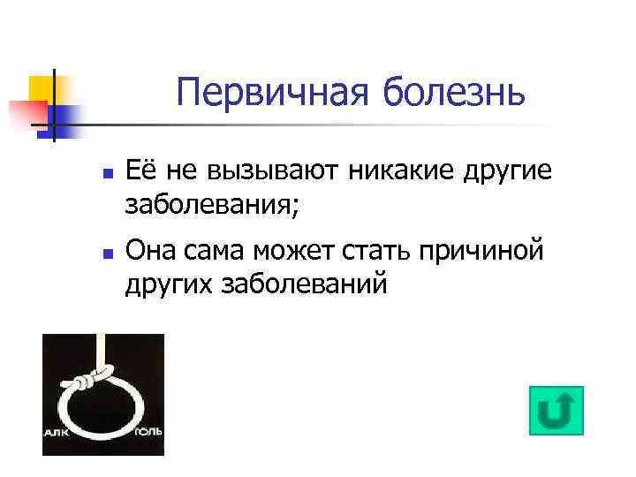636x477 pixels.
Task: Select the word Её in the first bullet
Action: coord(141,169)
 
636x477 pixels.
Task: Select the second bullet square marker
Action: coord(106,253)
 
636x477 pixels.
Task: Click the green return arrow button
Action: coord(556,411)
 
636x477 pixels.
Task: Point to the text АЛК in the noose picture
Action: coord(57,434)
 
